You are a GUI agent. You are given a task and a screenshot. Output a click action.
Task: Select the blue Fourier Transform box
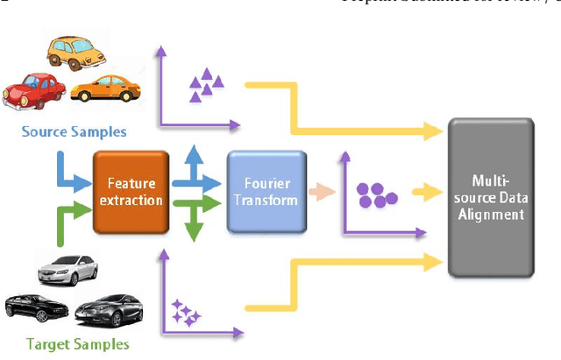click(266, 191)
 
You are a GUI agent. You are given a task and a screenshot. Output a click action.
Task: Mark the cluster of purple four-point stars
click(186, 311)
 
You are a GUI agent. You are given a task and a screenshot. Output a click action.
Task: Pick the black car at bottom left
click(33, 306)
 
